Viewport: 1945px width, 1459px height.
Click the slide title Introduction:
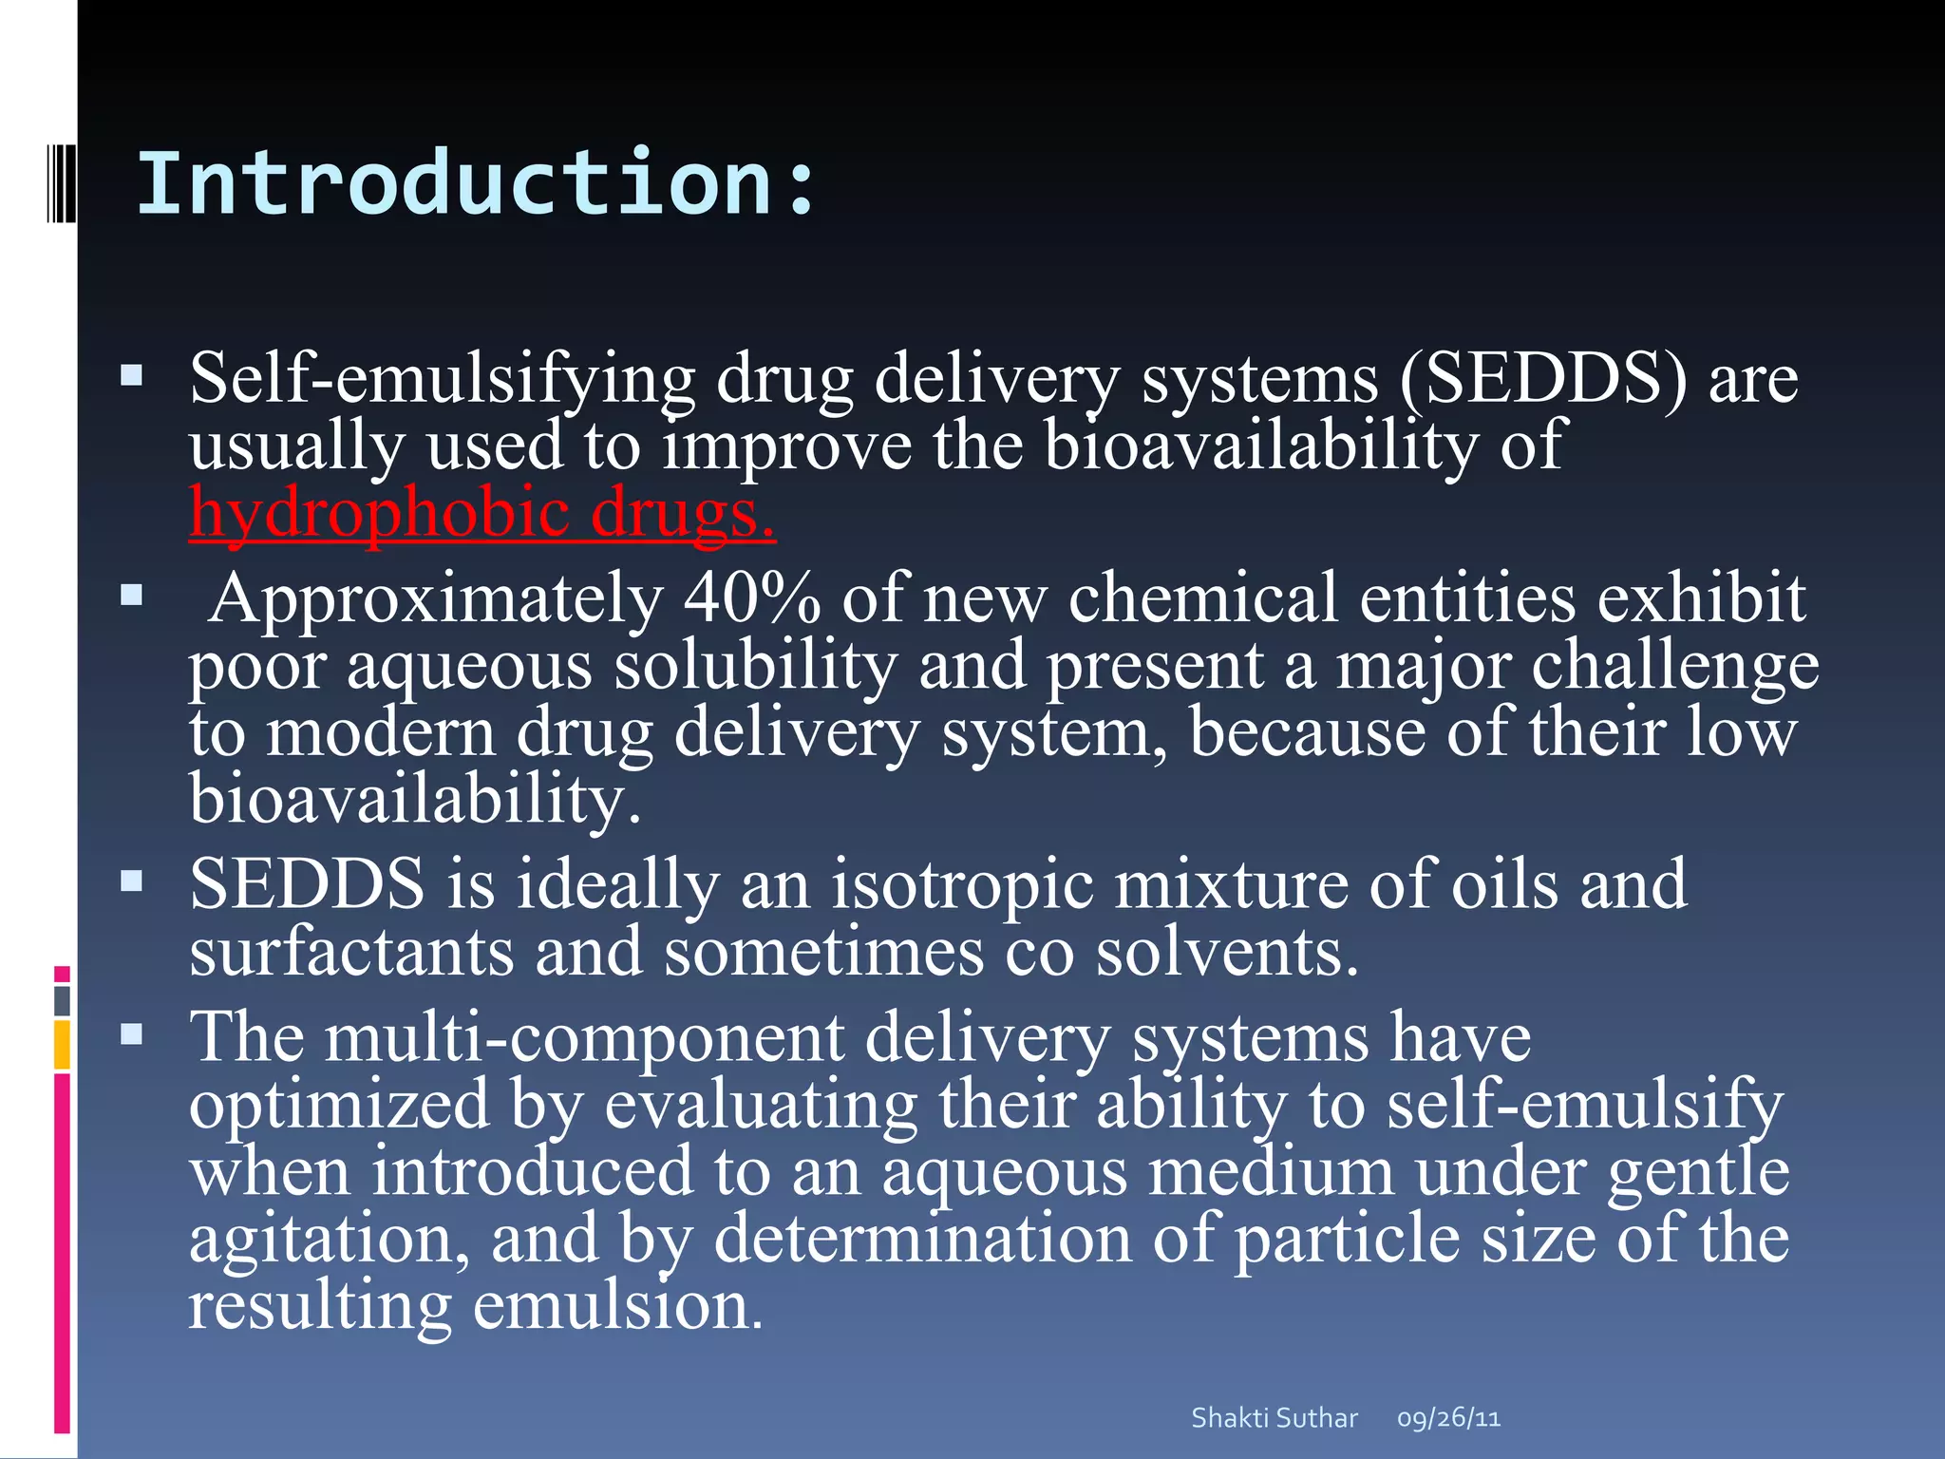(x=475, y=184)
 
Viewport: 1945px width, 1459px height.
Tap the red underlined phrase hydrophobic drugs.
(x=482, y=513)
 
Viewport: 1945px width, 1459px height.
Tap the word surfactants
(x=351, y=952)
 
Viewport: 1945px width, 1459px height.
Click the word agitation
(x=329, y=1240)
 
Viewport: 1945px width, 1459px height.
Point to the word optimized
(x=339, y=1106)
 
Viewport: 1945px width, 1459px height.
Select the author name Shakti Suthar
(x=1274, y=1418)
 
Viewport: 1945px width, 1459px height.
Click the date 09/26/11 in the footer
(x=1448, y=1418)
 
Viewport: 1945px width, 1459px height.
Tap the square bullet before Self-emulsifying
(x=132, y=377)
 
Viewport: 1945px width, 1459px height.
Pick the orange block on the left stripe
(x=63, y=1045)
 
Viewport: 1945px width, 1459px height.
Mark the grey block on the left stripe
(x=63, y=1001)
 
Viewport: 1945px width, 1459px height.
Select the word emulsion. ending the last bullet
(x=617, y=1306)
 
